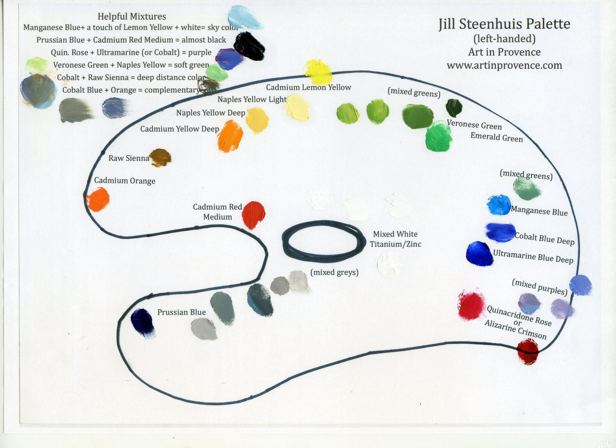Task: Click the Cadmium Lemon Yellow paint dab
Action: pyautogui.click(x=318, y=72)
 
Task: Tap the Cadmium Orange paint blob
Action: pyautogui.click(x=98, y=199)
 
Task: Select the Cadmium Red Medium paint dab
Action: pyautogui.click(x=254, y=215)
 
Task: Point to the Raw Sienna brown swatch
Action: pyautogui.click(x=160, y=158)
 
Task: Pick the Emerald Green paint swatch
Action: pyautogui.click(x=439, y=136)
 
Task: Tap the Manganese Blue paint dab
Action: pyautogui.click(x=499, y=205)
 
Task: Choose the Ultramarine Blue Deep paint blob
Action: pyautogui.click(x=479, y=254)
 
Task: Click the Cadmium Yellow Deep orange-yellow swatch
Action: pyautogui.click(x=230, y=136)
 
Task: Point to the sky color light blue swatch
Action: pyautogui.click(x=245, y=17)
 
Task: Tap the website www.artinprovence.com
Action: pyautogui.click(x=504, y=65)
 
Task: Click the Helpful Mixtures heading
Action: pyautogui.click(x=132, y=16)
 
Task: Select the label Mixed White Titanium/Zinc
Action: pyautogui.click(x=395, y=239)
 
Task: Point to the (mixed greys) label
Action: pyautogui.click(x=334, y=272)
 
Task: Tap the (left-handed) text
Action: pyautogui.click(x=504, y=39)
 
